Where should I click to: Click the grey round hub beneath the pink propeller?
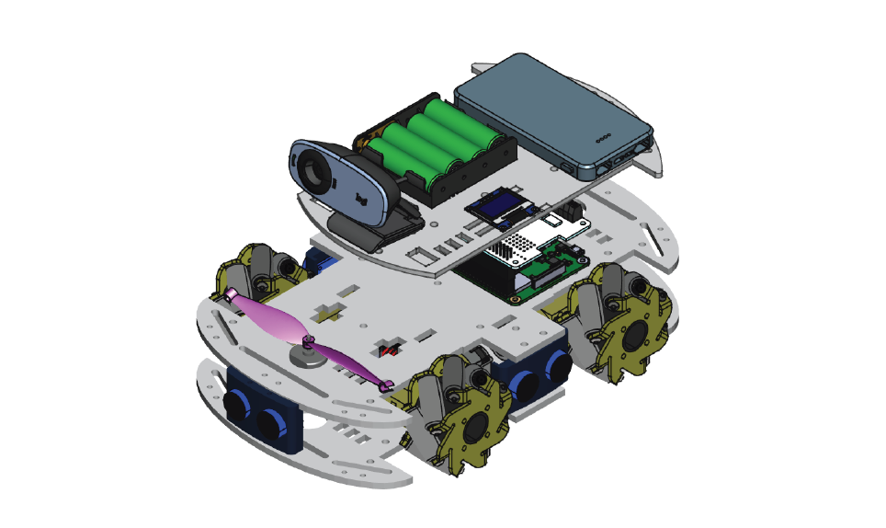point(308,354)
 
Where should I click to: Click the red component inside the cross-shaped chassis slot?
point(390,350)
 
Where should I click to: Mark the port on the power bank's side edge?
point(562,166)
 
